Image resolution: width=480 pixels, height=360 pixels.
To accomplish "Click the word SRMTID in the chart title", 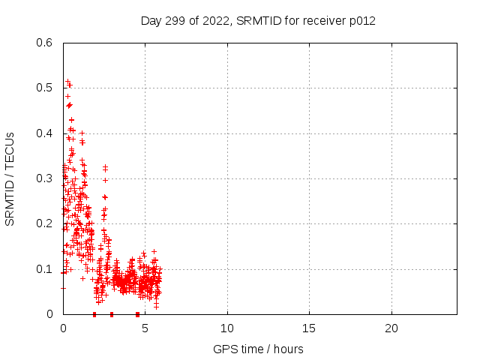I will click(257, 20).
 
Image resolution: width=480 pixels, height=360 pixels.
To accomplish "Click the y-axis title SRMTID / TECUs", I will click(10, 178).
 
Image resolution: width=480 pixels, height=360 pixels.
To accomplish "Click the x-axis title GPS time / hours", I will click(258, 349).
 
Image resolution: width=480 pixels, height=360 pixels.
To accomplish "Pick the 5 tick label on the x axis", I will click(145, 328).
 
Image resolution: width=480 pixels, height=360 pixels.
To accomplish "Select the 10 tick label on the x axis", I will click(226, 328).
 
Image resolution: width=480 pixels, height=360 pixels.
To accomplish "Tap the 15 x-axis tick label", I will click(309, 328).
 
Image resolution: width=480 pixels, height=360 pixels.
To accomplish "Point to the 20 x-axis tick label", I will click(391, 328).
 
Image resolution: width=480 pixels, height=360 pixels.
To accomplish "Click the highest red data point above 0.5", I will click(67, 81).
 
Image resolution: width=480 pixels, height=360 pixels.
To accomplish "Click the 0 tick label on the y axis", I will click(49, 314).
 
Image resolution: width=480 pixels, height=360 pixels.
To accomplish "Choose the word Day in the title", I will click(151, 20).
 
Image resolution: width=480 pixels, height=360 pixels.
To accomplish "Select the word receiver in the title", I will click(322, 20).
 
